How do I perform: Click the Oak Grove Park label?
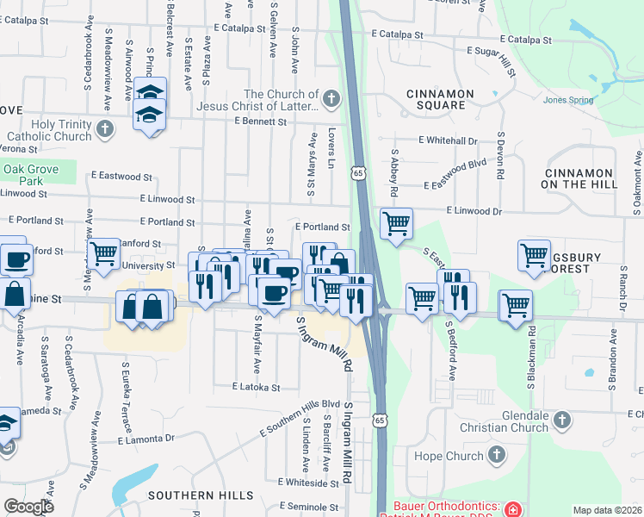30,175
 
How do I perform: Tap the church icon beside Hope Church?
496,454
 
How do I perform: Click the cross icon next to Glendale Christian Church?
561,420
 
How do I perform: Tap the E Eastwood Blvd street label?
455,184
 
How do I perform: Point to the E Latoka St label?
256,388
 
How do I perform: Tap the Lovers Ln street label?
331,149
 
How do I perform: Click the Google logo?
28,507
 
